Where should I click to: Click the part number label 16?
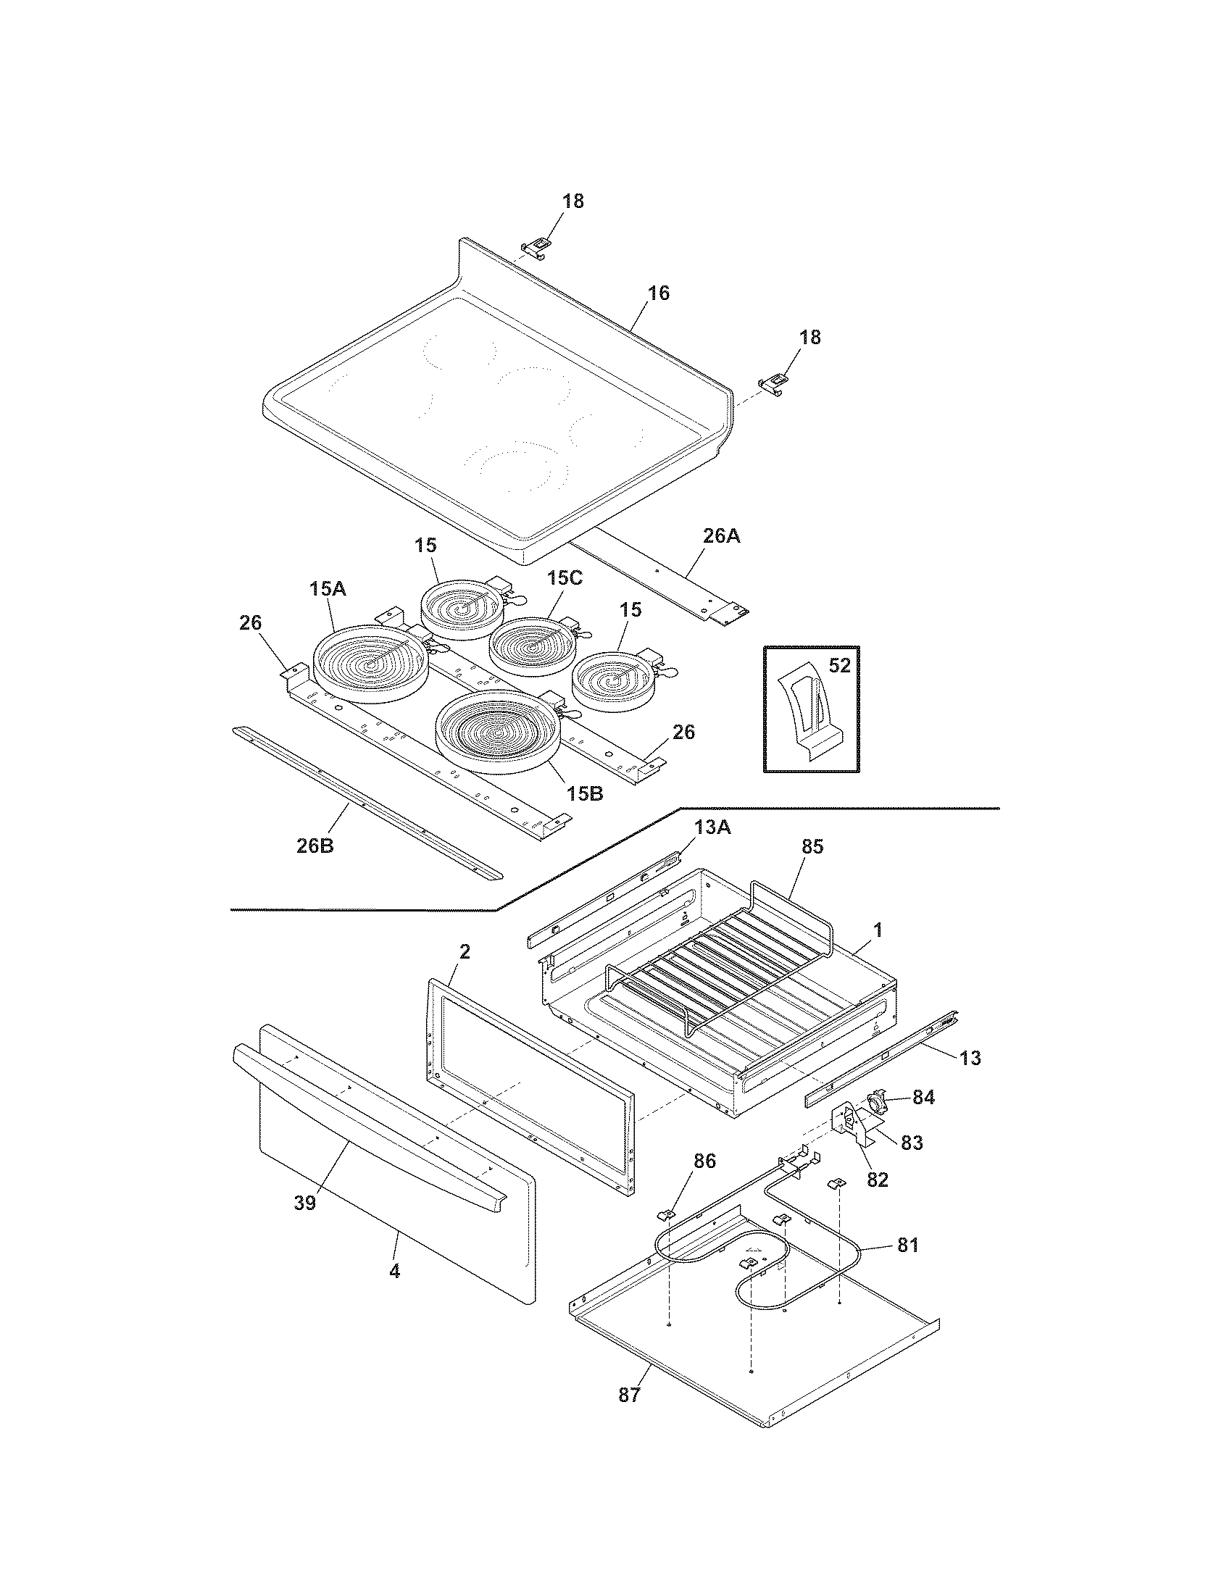(657, 293)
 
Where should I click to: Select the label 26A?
(721, 535)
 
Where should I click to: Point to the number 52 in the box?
(840, 666)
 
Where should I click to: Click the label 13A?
(712, 827)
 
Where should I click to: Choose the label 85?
(812, 846)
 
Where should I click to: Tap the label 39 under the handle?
(305, 1203)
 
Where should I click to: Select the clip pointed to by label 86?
(666, 1214)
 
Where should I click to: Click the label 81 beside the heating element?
(908, 1246)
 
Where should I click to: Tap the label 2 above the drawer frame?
(465, 951)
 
